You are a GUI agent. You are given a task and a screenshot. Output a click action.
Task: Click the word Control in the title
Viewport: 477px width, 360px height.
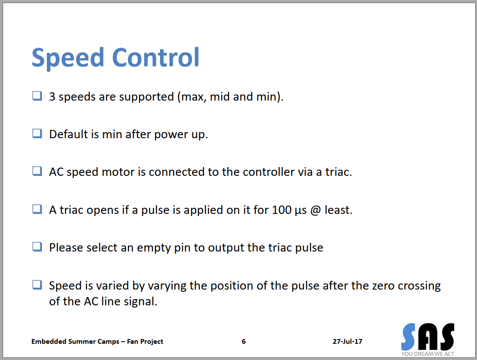pos(156,57)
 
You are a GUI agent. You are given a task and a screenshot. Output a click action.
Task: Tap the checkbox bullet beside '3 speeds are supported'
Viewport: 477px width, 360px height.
pos(37,96)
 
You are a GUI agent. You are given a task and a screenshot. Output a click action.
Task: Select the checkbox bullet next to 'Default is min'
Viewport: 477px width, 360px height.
pos(37,133)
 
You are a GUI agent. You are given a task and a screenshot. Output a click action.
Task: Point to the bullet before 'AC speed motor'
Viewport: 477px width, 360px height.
pos(37,171)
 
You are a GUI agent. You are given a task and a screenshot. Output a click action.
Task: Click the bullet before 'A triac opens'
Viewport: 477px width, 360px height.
pos(37,209)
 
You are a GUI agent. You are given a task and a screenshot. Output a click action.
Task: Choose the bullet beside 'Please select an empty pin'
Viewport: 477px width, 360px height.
pos(37,247)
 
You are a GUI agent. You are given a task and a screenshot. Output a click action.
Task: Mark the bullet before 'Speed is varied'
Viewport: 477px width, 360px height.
pos(37,285)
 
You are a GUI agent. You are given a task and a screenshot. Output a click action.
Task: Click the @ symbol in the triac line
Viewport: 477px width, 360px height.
pos(316,210)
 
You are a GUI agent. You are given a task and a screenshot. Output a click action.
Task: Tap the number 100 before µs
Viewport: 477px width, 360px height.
pos(282,210)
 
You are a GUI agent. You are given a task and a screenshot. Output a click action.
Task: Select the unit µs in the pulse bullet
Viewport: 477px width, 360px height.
pos(300,211)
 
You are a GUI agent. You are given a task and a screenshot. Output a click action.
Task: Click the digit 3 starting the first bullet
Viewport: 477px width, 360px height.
pos(52,97)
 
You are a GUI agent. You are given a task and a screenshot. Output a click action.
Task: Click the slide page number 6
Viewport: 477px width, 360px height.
pos(244,342)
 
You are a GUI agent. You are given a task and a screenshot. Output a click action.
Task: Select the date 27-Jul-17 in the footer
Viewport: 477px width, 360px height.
pos(348,342)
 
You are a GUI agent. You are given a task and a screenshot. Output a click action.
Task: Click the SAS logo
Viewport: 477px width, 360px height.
pos(428,337)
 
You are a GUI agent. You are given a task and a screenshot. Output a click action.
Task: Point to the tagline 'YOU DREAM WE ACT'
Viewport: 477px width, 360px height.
pos(428,354)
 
